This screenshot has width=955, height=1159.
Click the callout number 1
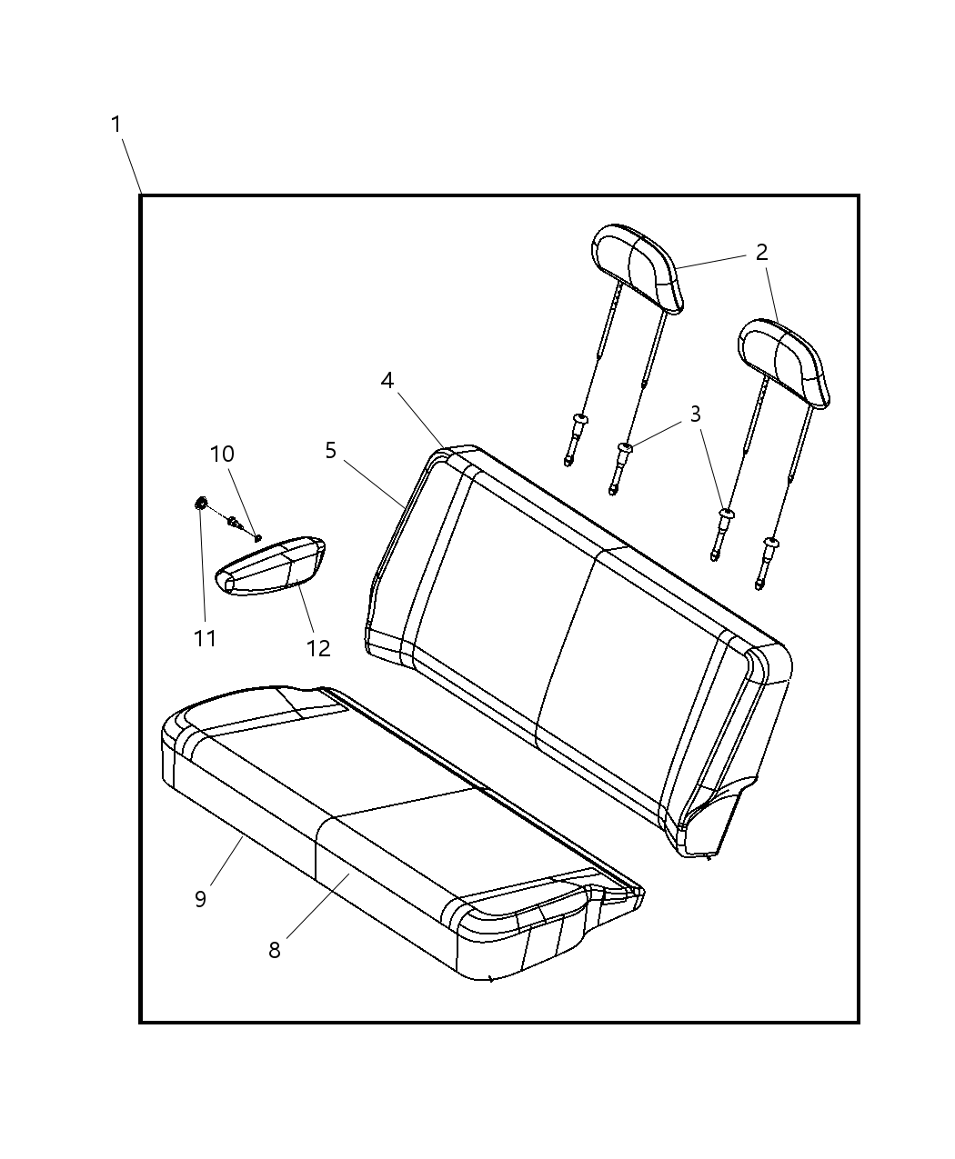click(x=116, y=125)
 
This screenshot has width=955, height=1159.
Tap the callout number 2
click(x=761, y=253)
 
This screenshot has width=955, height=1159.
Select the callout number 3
click(x=695, y=415)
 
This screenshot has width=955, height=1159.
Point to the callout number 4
click(x=387, y=381)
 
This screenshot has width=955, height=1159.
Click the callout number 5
click(x=330, y=451)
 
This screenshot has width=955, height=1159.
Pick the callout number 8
click(x=275, y=950)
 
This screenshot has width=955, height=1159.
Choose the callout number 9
click(x=201, y=899)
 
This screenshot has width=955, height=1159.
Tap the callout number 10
click(x=222, y=454)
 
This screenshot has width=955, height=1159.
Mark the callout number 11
click(x=205, y=639)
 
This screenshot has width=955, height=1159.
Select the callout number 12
click(x=318, y=648)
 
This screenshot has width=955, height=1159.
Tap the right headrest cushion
click(x=784, y=364)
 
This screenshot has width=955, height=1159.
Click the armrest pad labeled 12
click(x=270, y=565)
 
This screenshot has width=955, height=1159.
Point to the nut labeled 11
click(x=201, y=504)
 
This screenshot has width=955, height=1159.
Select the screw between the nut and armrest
click(x=234, y=521)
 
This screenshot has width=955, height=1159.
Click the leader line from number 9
click(x=227, y=861)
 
